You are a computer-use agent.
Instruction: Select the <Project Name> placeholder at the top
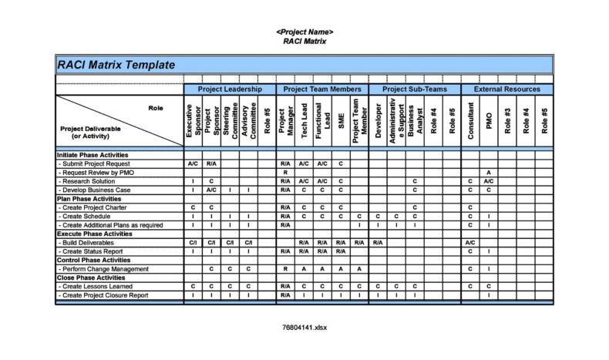pos(304,32)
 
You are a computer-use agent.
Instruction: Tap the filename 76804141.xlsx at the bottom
pos(304,327)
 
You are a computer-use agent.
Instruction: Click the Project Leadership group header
pos(229,90)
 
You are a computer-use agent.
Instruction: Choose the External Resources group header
pos(506,90)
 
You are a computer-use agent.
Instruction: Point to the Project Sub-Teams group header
pos(414,90)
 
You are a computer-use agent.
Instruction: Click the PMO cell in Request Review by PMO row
pos(489,173)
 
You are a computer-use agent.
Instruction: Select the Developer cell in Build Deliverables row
pos(378,243)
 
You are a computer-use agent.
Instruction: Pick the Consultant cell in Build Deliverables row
pos(470,243)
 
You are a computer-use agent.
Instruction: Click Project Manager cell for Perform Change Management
pos(285,268)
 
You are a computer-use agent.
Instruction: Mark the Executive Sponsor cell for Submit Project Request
pos(193,164)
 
